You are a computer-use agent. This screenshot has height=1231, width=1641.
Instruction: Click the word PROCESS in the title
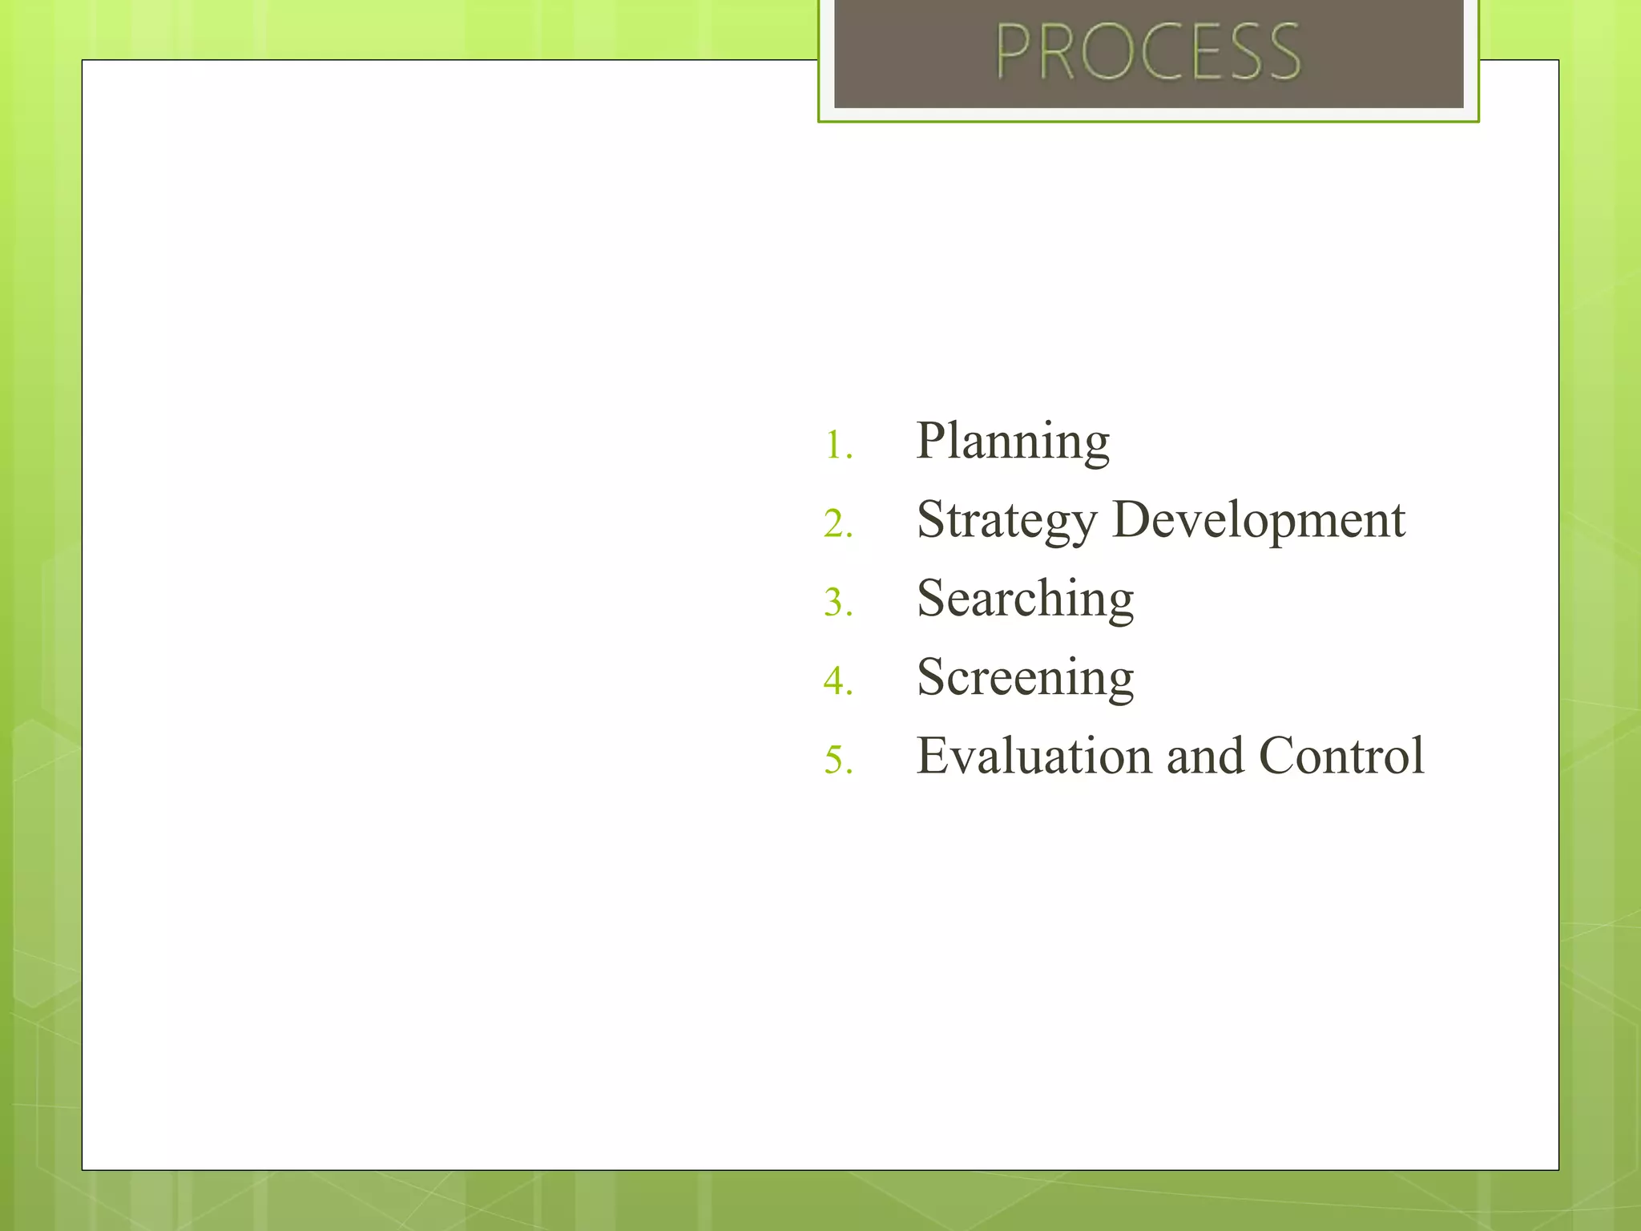click(1147, 52)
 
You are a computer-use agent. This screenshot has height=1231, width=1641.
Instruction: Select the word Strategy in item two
click(1006, 521)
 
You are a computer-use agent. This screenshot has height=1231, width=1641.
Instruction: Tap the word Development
click(1259, 521)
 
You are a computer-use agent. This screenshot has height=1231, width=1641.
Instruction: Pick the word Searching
click(1025, 599)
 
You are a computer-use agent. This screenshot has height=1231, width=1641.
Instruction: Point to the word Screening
click(1025, 678)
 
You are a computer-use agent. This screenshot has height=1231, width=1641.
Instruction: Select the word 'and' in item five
click(1206, 756)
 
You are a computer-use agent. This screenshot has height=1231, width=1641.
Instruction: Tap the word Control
click(1341, 756)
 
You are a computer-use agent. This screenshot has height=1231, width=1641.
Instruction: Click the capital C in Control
click(1280, 756)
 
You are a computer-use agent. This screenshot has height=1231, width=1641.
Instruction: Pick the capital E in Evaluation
click(933, 756)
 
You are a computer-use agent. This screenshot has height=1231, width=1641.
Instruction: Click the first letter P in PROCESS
click(1014, 52)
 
